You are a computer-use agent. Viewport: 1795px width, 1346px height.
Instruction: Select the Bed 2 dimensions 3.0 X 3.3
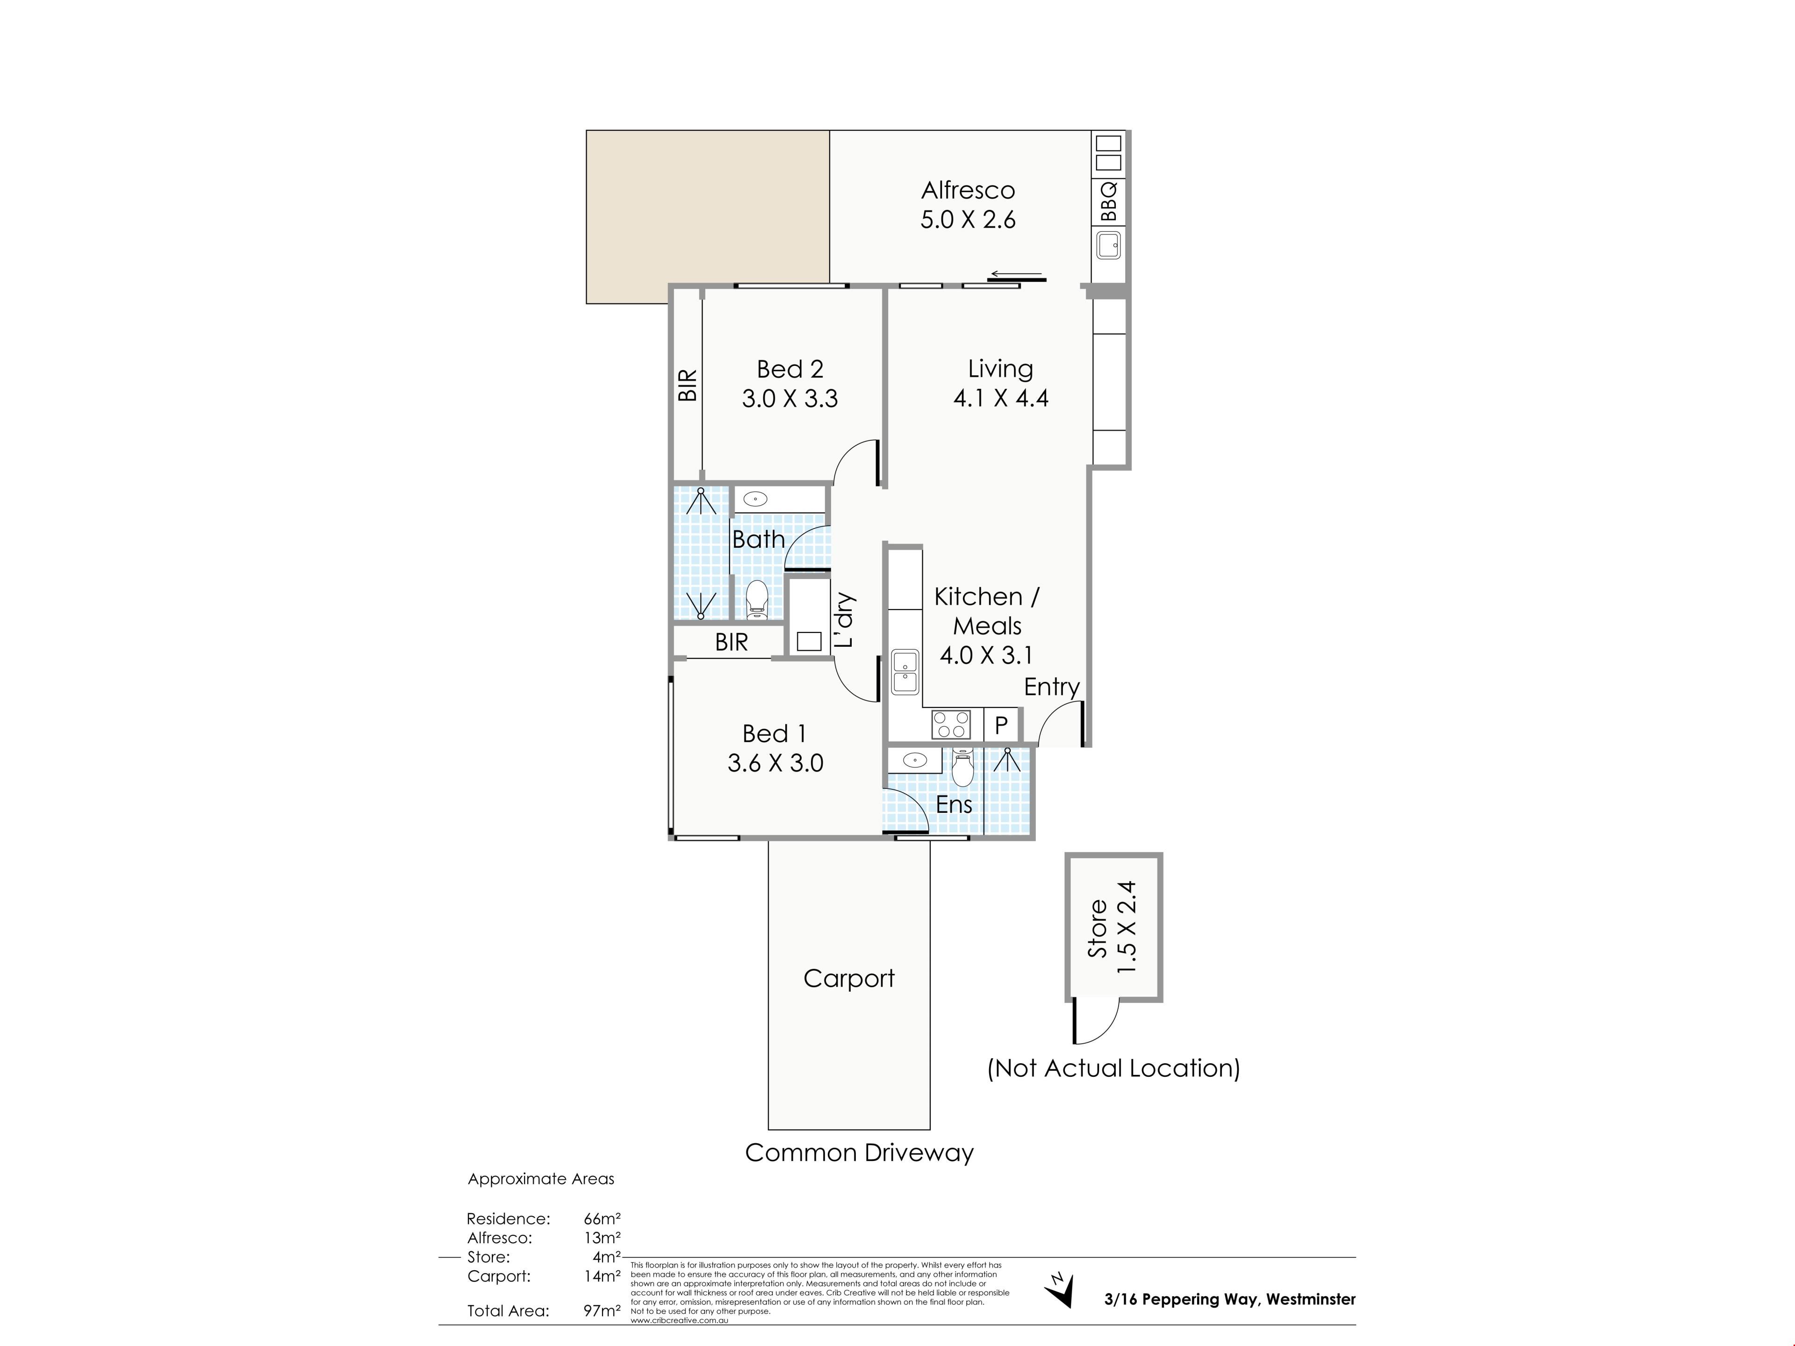click(x=790, y=398)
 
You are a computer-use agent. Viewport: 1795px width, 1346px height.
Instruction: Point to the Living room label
click(x=1000, y=369)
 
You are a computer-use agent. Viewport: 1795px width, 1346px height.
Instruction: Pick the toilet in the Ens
click(x=962, y=767)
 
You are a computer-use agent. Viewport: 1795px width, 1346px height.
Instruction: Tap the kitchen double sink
click(x=905, y=672)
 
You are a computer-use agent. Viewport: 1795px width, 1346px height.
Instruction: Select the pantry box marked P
click(x=1001, y=724)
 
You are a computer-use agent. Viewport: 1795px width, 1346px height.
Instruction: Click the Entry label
click(x=1052, y=687)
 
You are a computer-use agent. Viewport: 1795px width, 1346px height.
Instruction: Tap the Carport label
click(x=849, y=979)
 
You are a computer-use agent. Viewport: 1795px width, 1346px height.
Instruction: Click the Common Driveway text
click(x=859, y=1153)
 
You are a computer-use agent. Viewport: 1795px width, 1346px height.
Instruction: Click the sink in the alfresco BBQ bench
click(x=1108, y=245)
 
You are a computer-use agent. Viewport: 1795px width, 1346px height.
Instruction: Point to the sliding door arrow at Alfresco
click(x=1016, y=274)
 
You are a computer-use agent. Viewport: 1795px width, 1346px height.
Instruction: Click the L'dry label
click(x=845, y=620)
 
